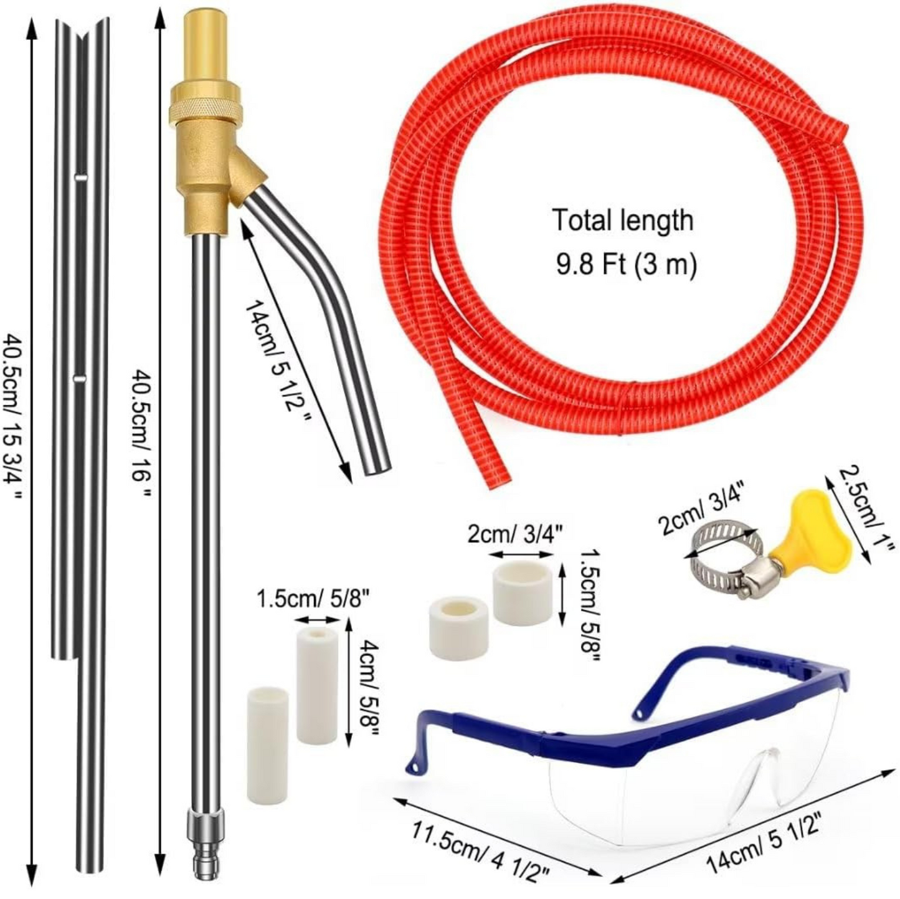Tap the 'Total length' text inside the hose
pyautogui.click(x=622, y=221)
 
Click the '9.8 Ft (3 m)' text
pyautogui.click(x=625, y=265)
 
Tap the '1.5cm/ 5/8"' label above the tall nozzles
pyautogui.click(x=314, y=600)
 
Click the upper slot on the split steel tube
pyautogui.click(x=80, y=178)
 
